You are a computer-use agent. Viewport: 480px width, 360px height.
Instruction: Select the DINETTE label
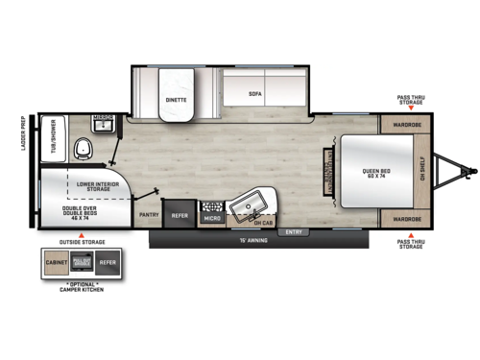(x=177, y=99)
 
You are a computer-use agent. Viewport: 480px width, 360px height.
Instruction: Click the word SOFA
(x=254, y=94)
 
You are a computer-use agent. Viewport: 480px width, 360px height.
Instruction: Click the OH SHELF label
(x=422, y=171)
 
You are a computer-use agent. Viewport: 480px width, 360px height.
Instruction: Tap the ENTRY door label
(x=294, y=231)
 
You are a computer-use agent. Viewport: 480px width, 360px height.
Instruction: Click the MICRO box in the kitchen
(x=212, y=218)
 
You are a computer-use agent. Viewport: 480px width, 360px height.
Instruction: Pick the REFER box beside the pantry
(x=180, y=216)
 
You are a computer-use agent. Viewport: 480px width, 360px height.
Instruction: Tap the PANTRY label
(x=149, y=216)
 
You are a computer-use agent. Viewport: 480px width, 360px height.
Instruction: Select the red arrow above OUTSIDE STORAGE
(x=82, y=235)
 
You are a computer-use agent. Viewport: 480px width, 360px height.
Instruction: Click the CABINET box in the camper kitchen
(x=57, y=261)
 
